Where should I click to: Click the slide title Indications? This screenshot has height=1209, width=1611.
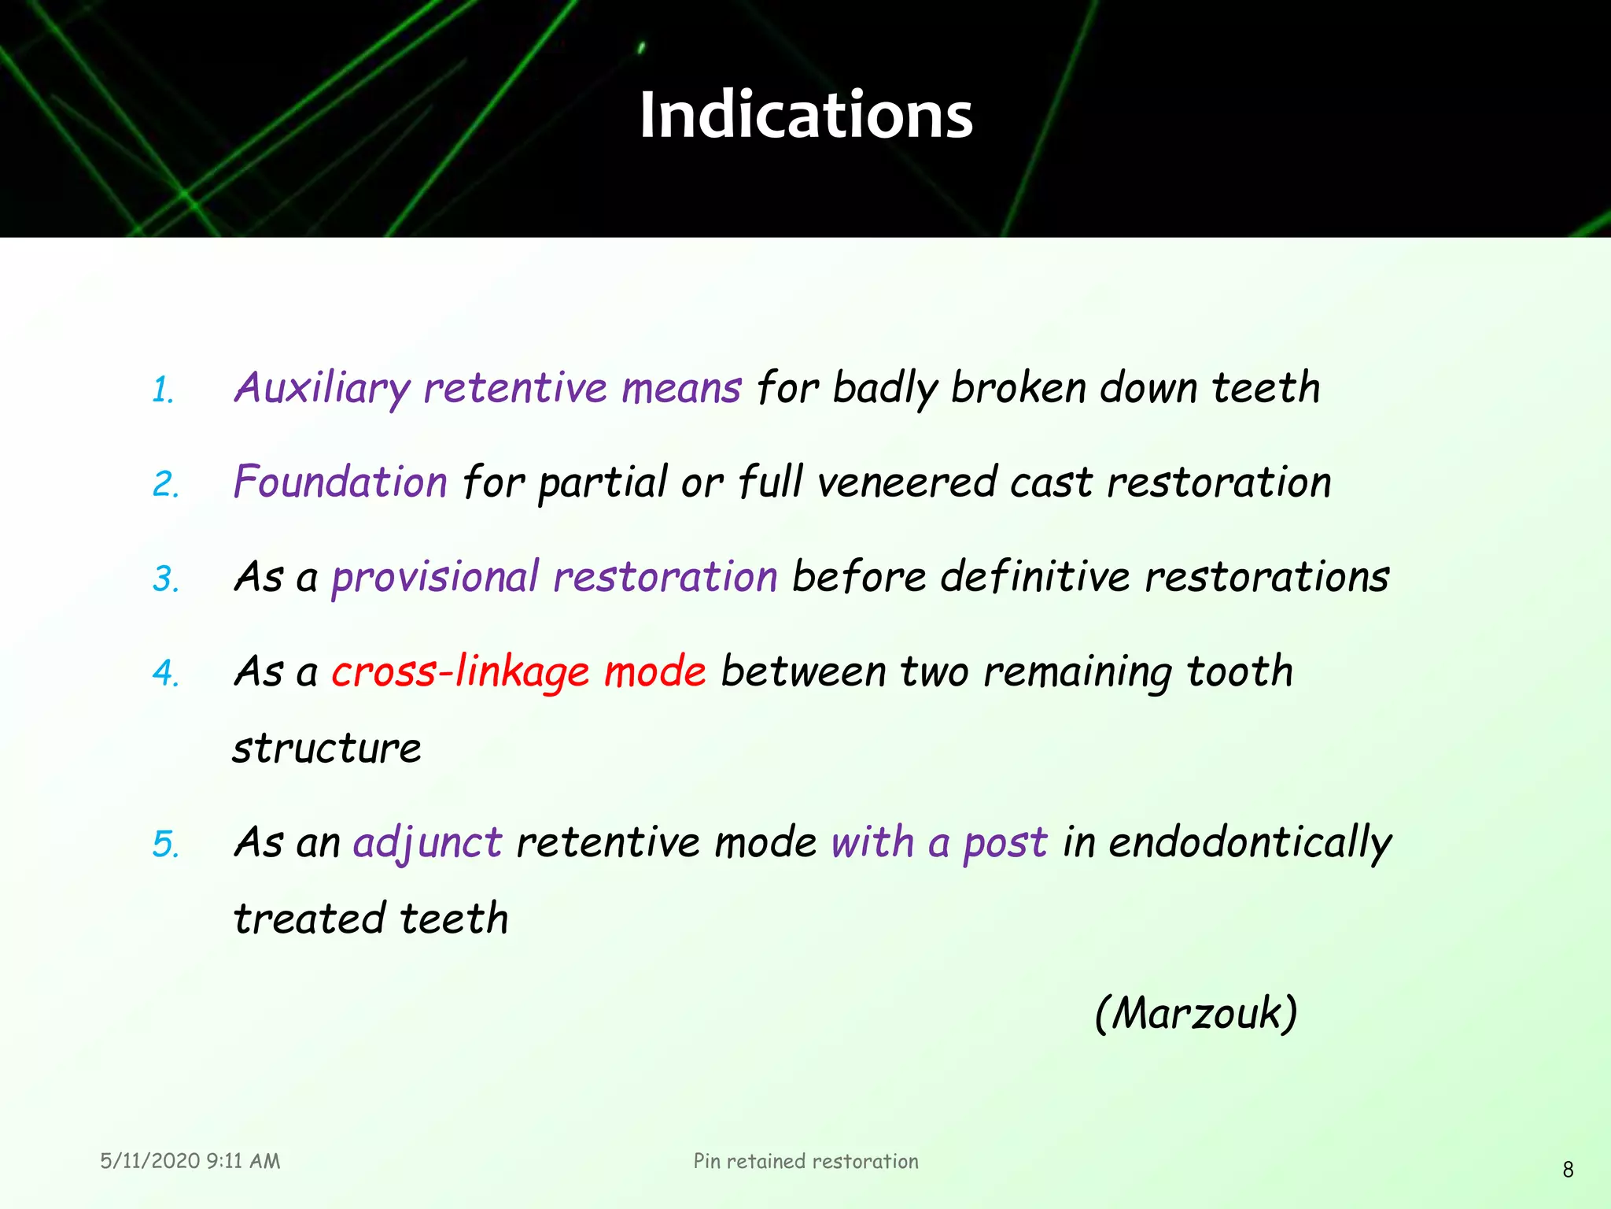[x=805, y=115]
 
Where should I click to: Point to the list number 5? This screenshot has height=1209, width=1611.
[x=165, y=845]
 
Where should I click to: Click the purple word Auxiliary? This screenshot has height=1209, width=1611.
[x=322, y=388]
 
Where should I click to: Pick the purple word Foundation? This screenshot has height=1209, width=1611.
[x=341, y=482]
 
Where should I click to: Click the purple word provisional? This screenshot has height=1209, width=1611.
[x=435, y=577]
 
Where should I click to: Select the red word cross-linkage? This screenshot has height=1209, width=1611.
[x=460, y=671]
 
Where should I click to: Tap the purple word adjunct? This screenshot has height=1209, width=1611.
[x=427, y=843]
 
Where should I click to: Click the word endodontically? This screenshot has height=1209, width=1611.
[x=1250, y=843]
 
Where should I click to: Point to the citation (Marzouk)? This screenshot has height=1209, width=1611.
[x=1196, y=1013]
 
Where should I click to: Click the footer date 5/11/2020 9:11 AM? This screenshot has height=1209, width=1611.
[x=190, y=1161]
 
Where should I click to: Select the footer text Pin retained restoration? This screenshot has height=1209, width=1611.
[x=805, y=1161]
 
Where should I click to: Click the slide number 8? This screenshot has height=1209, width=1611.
[x=1568, y=1170]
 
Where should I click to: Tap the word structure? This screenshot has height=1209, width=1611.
[x=326, y=748]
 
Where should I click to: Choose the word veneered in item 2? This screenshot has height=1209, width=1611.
[x=906, y=482]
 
